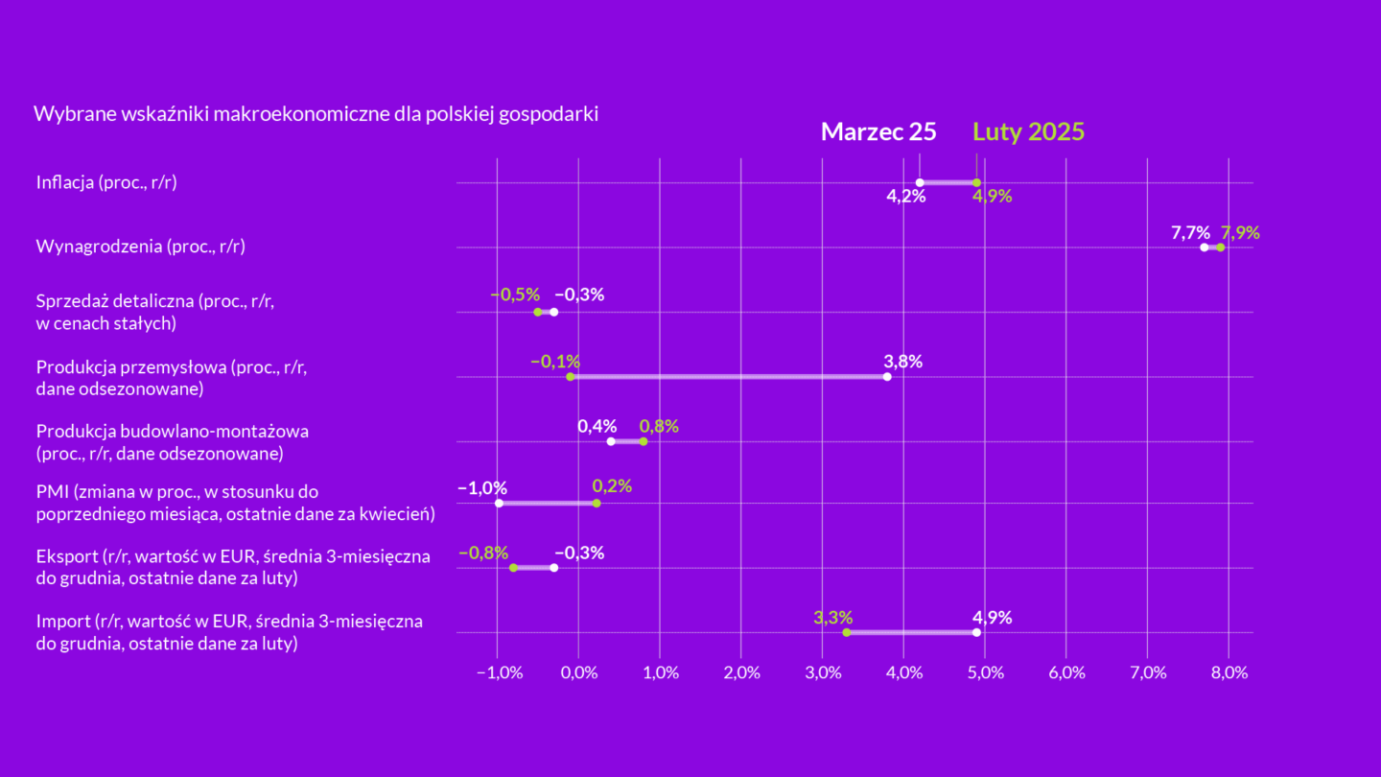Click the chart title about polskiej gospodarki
316,114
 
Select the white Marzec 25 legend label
878,132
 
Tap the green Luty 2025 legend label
1029,132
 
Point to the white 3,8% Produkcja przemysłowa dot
887,376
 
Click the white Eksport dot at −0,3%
553,568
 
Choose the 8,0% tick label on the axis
1229,672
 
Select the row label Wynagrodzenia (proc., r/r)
140,247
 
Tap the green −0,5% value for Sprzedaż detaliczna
515,294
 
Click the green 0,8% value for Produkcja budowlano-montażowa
659,426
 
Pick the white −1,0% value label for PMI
482,488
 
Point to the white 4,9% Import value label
992,617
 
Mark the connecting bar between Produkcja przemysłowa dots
729,376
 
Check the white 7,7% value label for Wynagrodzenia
1190,232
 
